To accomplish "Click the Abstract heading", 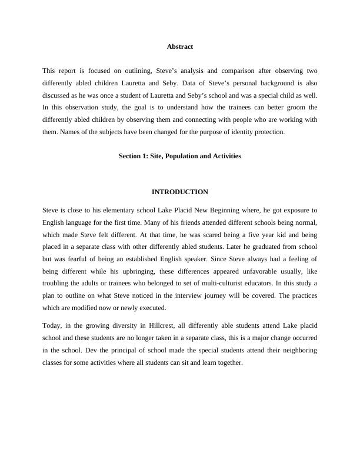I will click(x=179, y=46).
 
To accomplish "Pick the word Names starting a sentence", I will click(x=67, y=132).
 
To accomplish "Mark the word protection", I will click(x=271, y=132).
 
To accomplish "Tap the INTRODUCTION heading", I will click(x=179, y=192).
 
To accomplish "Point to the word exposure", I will click(x=289, y=209).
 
